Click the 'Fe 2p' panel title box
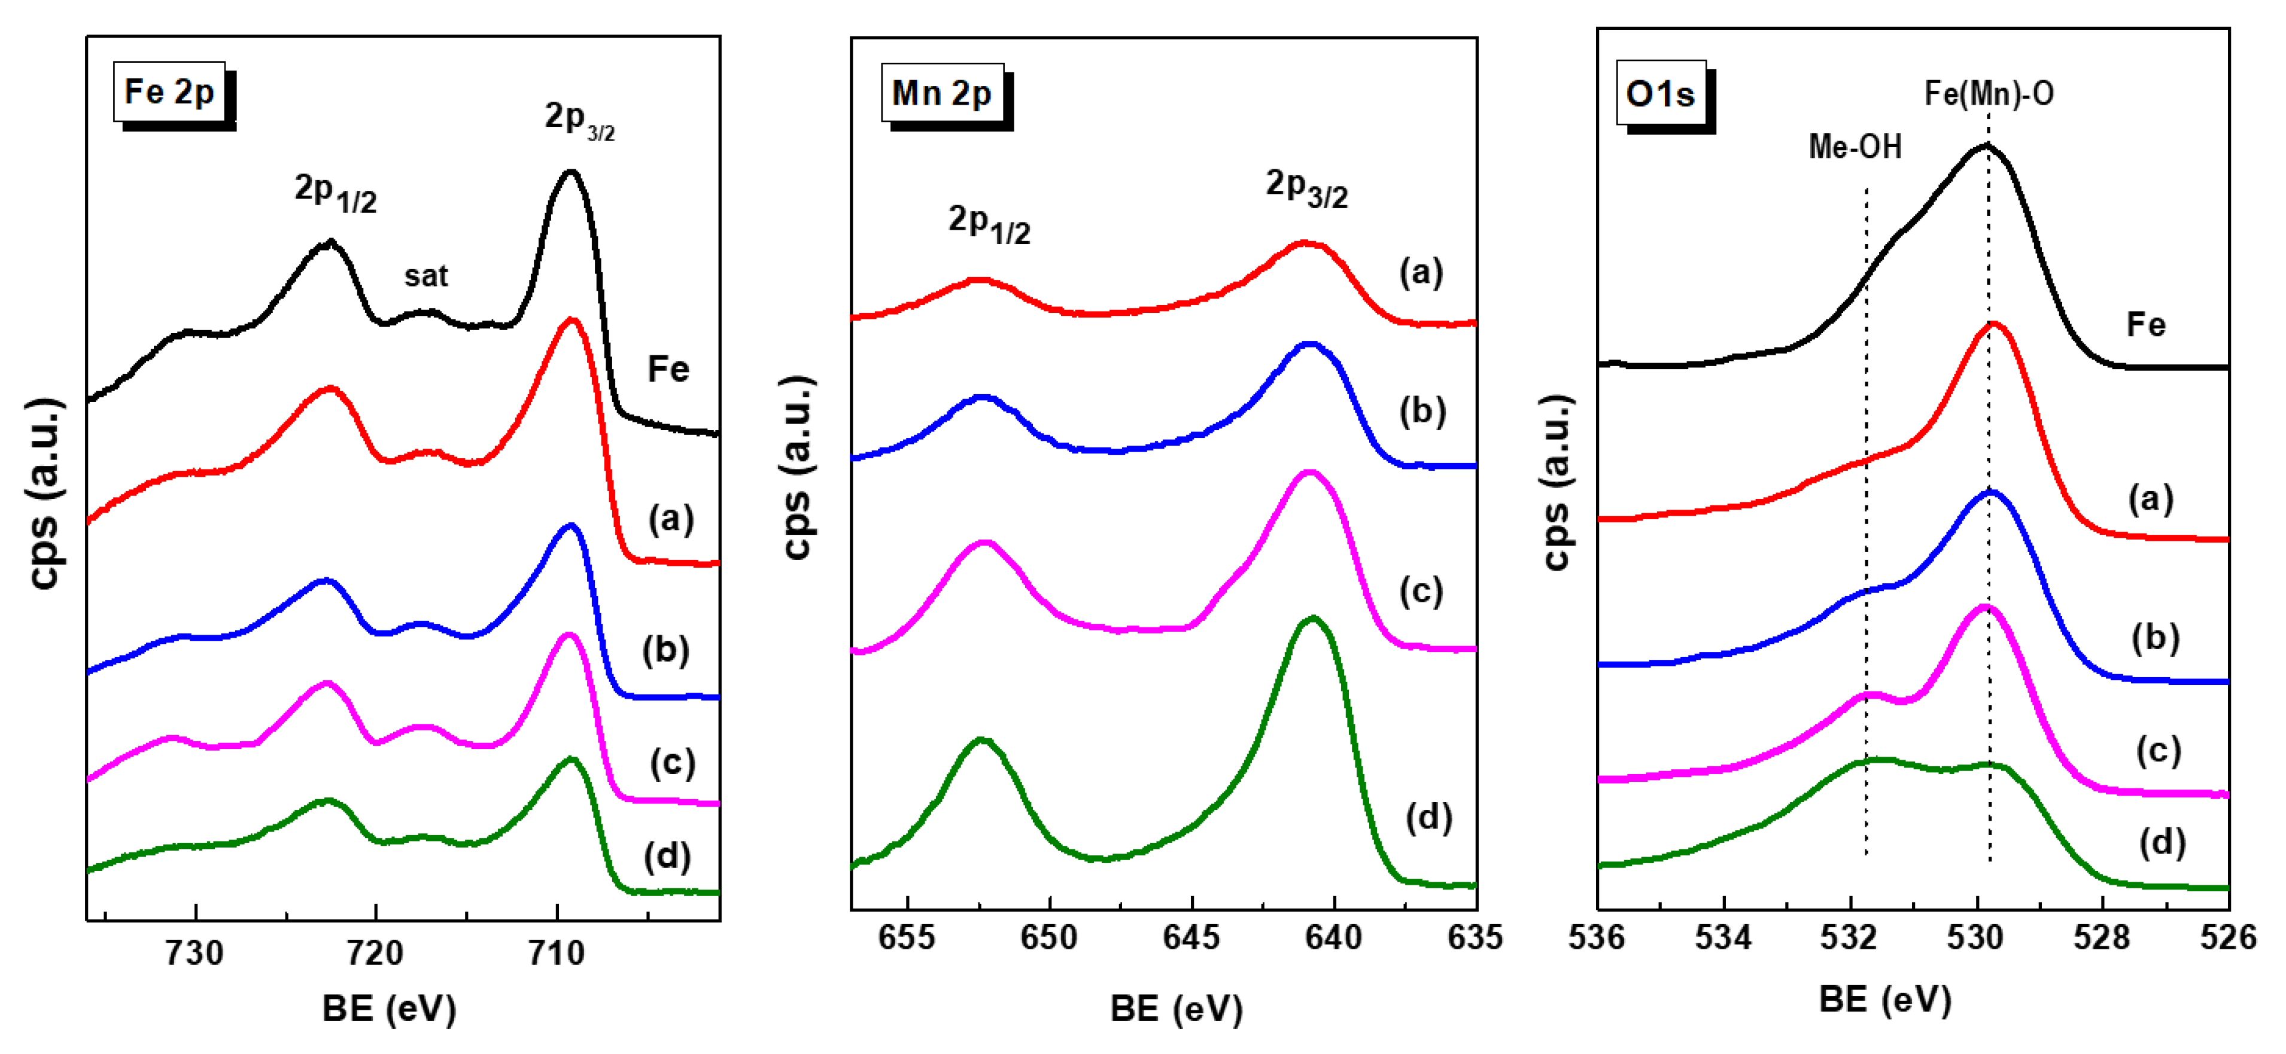[x=169, y=92]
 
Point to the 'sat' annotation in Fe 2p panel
[x=426, y=276]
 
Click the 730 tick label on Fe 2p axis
[x=194, y=953]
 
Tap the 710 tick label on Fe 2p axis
[x=557, y=953]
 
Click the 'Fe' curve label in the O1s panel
[x=2146, y=325]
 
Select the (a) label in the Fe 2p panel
[x=671, y=517]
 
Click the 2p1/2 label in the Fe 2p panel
[x=336, y=193]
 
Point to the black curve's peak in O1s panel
[x=1986, y=145]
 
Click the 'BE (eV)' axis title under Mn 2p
[x=1176, y=1009]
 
